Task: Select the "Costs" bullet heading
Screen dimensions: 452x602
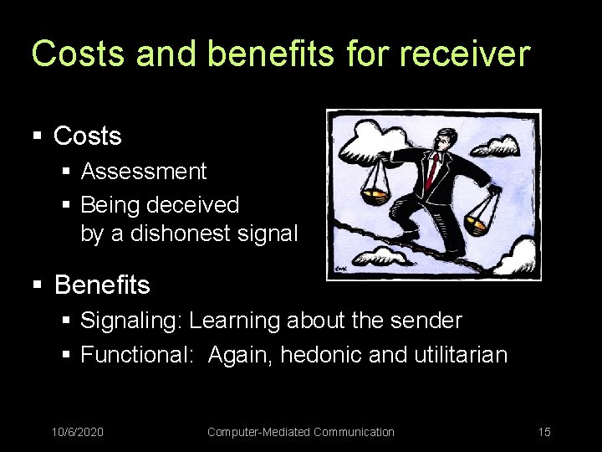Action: coord(87,136)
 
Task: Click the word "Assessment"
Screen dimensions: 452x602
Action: coord(143,172)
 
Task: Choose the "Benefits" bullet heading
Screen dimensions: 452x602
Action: coord(102,285)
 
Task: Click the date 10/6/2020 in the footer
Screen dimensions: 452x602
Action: coord(78,432)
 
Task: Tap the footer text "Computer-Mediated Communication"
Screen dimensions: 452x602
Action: coord(300,432)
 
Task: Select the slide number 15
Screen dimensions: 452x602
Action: coord(544,432)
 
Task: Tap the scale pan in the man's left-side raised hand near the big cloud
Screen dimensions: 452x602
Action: coord(374,195)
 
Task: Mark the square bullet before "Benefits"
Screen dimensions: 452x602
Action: coord(37,286)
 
